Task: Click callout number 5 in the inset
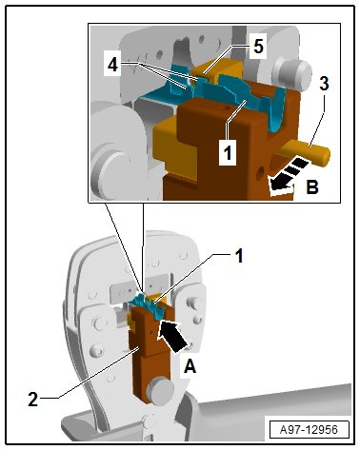[x=258, y=47]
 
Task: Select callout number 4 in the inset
[x=112, y=65]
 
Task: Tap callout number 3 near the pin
[x=324, y=84]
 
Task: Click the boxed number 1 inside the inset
[x=228, y=153]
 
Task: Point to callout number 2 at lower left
[x=32, y=399]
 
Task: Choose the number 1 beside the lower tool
[x=239, y=256]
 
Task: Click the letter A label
[x=190, y=367]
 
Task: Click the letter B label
[x=312, y=187]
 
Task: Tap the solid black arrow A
[x=171, y=336]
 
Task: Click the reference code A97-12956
[x=309, y=430]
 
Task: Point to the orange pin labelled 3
[x=305, y=153]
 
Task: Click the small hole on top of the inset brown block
[x=226, y=109]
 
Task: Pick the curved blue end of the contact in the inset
[x=277, y=110]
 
